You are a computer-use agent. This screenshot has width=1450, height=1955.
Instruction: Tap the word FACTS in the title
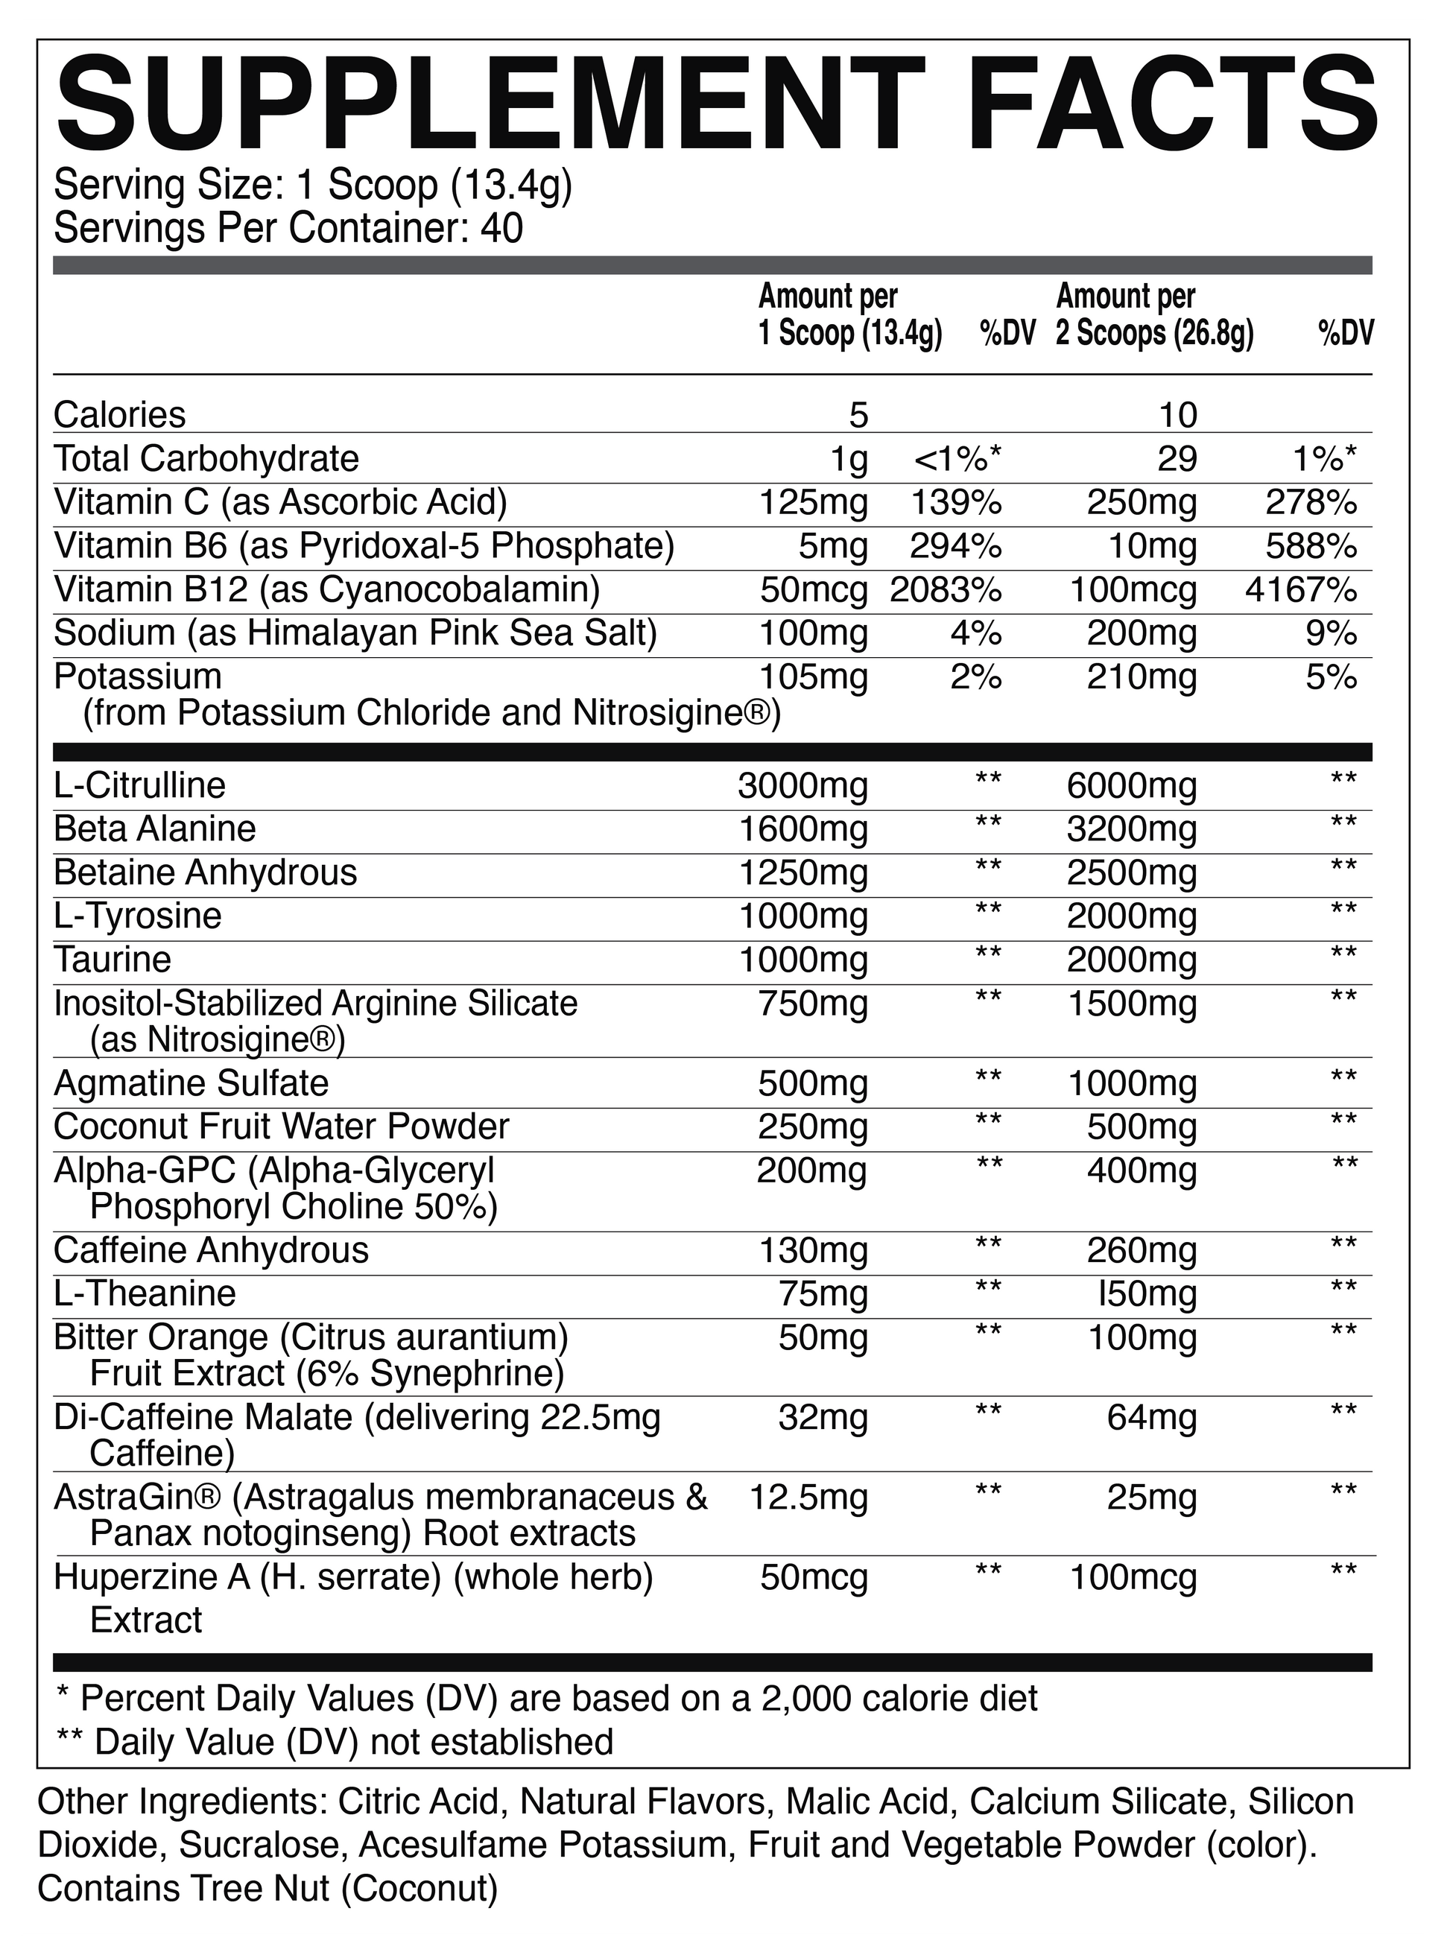[1163, 107]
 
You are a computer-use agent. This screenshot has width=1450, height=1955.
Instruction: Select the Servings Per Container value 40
[502, 229]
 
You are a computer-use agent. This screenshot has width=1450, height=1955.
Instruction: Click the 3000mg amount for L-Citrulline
[802, 785]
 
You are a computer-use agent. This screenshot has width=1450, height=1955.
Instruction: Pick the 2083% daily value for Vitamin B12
[946, 589]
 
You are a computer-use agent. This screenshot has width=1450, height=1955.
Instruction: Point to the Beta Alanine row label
[154, 828]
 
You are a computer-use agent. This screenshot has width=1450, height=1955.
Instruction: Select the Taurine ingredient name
[113, 959]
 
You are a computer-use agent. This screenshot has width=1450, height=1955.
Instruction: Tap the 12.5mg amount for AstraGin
[808, 1498]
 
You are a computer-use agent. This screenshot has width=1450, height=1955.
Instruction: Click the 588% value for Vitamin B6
[1311, 546]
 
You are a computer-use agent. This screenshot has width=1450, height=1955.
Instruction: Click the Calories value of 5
[858, 415]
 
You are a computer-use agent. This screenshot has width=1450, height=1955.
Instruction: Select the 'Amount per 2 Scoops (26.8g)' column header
[1154, 316]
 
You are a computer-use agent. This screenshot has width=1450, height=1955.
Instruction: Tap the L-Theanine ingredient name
[145, 1293]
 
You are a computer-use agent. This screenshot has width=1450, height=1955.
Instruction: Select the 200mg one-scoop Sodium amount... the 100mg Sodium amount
[814, 633]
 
